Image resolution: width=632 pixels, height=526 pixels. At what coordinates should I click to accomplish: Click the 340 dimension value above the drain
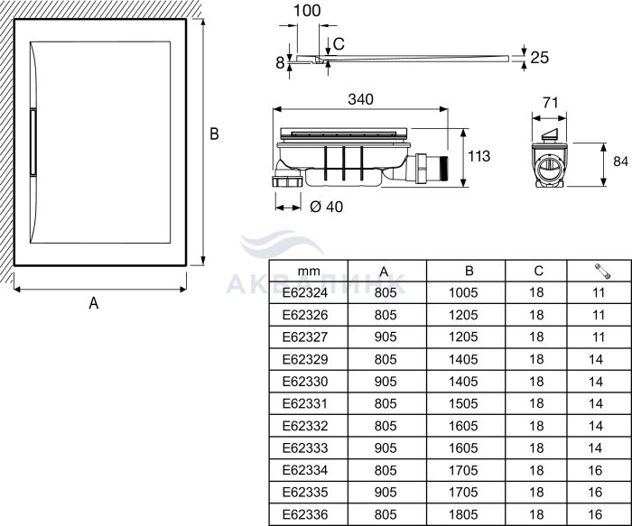click(x=361, y=99)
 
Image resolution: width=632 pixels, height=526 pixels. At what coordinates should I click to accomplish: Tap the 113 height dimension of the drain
click(x=479, y=156)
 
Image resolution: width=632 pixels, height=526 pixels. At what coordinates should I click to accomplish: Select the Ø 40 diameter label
click(x=327, y=207)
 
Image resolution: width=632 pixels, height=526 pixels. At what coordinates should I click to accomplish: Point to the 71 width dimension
click(x=550, y=103)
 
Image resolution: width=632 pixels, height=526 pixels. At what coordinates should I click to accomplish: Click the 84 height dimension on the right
click(x=621, y=161)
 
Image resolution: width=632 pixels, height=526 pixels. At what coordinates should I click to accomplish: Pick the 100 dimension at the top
click(x=307, y=11)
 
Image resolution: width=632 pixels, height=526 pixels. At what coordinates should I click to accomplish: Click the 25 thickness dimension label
click(x=540, y=58)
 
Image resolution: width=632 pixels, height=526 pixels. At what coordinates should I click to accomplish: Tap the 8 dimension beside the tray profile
click(x=280, y=63)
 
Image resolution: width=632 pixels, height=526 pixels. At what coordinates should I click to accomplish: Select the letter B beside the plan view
click(x=215, y=134)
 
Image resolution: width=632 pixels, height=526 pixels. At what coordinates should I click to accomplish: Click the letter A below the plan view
click(x=94, y=302)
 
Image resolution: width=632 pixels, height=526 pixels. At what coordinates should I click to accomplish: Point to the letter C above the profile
click(x=339, y=44)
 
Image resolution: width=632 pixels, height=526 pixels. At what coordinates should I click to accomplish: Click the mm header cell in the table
click(x=309, y=272)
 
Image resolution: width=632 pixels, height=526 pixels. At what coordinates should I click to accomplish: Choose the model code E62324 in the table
click(x=305, y=293)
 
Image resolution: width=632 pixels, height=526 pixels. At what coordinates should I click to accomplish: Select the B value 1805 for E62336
click(x=463, y=514)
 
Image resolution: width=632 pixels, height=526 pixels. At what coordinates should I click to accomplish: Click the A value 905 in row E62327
click(x=386, y=337)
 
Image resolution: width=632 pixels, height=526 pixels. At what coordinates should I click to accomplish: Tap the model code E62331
click(x=305, y=403)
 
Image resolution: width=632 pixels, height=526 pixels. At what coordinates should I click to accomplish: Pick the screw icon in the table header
click(x=602, y=271)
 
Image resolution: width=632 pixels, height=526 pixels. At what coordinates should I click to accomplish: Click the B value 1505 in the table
click(x=463, y=403)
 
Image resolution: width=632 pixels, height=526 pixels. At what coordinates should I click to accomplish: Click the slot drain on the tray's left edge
click(x=33, y=142)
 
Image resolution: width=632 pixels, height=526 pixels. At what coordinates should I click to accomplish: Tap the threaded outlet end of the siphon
click(x=444, y=169)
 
